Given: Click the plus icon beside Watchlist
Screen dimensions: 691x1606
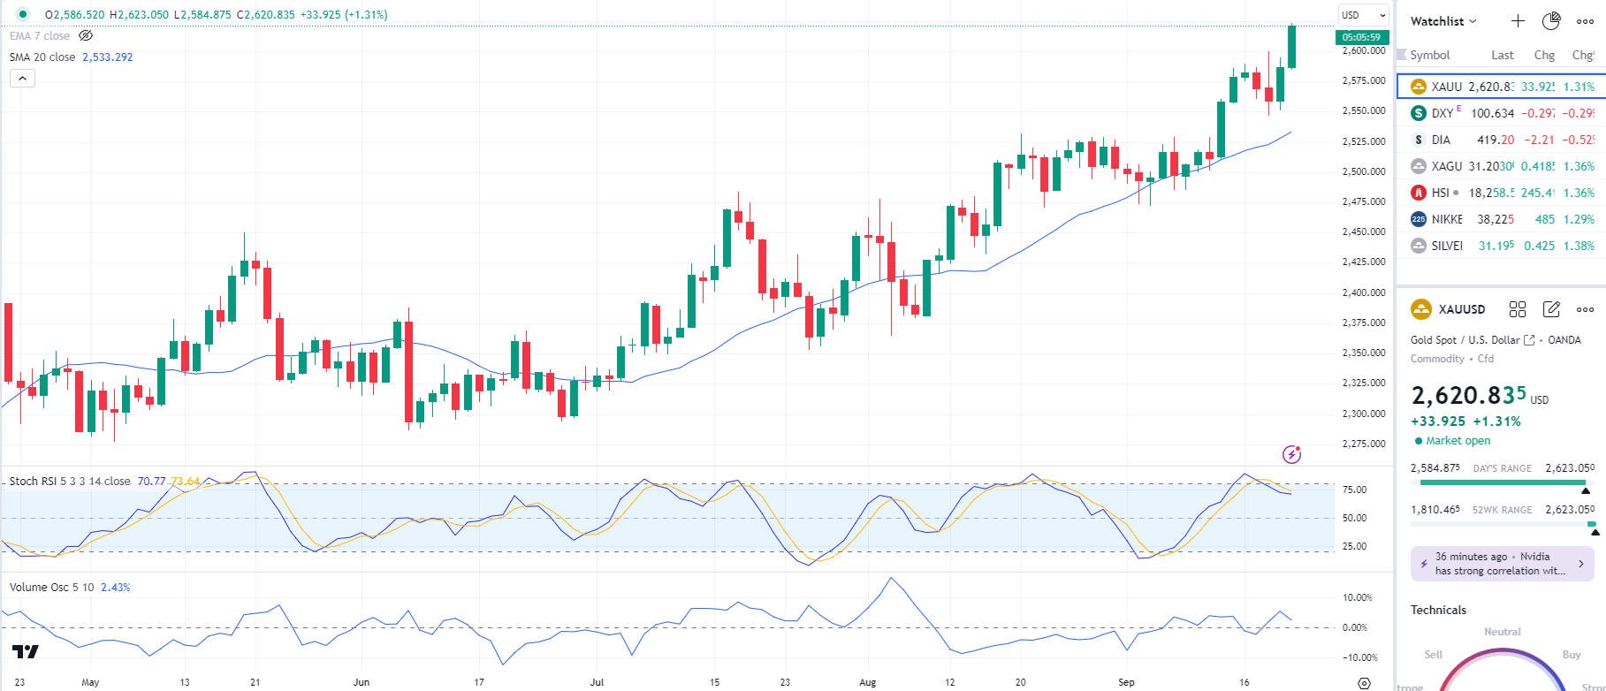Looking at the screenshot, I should coord(1518,21).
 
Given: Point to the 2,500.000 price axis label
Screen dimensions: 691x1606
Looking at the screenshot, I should coord(1364,171).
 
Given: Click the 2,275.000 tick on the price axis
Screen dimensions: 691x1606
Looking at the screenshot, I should coord(1364,444).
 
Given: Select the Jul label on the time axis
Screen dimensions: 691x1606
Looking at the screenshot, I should coord(597,682).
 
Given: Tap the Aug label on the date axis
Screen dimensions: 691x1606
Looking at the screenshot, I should coord(868,682).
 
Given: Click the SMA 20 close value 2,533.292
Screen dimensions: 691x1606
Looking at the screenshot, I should coord(107,57).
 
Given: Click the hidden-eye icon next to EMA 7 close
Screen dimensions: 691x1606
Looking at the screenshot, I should coord(86,36).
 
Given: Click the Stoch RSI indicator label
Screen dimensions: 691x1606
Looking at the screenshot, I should coord(69,482).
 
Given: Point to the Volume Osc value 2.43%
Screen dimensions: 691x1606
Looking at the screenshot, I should coord(115,588).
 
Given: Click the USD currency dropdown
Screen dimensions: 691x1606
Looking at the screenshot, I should coord(1363,15).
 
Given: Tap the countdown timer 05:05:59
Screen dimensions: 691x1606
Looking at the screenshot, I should coord(1360,37).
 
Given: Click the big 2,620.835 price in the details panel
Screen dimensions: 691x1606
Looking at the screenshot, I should coord(1468,395).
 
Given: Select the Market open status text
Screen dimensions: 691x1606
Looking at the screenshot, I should coord(1458,441).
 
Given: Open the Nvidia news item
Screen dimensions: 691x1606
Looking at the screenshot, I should coord(1502,564).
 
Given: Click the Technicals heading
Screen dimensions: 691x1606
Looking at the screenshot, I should coord(1438,611).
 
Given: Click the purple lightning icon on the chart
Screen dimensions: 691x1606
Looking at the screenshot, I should coord(1291,454).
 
